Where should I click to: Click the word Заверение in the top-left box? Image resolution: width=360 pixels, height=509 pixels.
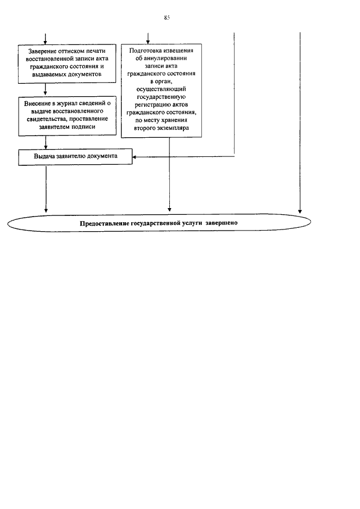click(x=42, y=52)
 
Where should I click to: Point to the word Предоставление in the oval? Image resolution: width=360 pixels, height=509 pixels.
click(x=104, y=223)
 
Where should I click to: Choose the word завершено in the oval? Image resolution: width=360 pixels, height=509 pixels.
click(x=226, y=223)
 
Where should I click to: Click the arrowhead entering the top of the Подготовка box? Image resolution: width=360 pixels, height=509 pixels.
click(x=148, y=41)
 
